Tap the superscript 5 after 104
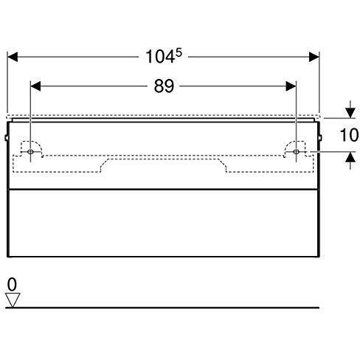click(179, 52)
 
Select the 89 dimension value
click(164, 86)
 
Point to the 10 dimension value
click(350, 135)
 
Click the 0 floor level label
click(12, 285)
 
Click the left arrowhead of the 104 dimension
click(13, 57)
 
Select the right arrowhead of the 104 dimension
click(314, 57)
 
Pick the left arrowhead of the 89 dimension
click(35, 86)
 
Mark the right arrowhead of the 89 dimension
click(291, 86)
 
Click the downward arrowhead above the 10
click(350, 113)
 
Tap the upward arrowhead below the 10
click(350, 157)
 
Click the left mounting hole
click(30, 152)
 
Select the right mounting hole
click(296, 152)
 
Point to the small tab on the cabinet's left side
click(6, 137)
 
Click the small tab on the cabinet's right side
click(320, 137)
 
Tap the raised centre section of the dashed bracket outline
click(163, 159)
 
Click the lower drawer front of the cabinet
click(163, 223)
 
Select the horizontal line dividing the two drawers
click(163, 190)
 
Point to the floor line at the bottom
click(162, 308)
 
